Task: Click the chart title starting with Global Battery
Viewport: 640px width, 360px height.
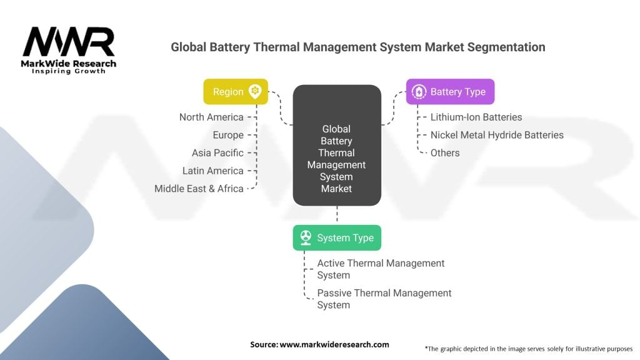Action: pos(357,47)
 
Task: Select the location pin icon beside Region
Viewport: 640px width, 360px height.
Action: pos(255,91)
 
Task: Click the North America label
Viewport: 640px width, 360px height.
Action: pos(211,117)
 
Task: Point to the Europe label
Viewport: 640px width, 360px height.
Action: pos(228,135)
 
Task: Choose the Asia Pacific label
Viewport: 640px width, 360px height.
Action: pos(217,152)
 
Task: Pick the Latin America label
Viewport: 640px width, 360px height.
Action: pos(212,171)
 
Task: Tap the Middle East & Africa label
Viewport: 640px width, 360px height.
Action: pos(199,188)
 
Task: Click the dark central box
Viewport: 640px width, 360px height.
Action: pos(337,145)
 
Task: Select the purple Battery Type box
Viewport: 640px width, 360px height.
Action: pos(450,91)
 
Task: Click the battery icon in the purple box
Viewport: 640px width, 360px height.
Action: pos(419,92)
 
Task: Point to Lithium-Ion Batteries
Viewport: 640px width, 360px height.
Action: pos(476,117)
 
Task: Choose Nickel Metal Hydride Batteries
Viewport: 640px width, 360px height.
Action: pos(497,135)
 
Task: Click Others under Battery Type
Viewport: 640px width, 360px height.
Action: pos(445,152)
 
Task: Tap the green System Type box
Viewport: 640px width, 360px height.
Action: pos(337,237)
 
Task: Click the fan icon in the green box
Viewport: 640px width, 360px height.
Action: pos(306,237)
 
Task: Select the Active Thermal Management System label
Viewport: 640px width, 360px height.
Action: pos(381,269)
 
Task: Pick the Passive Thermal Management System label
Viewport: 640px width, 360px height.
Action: pos(384,299)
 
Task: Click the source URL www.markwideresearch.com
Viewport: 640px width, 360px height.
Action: pos(334,344)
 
